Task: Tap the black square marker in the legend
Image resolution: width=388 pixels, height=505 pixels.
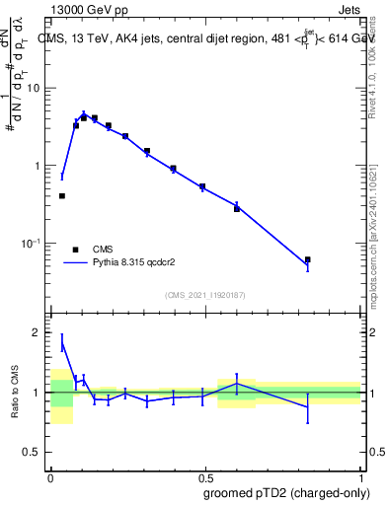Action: [x=75, y=250]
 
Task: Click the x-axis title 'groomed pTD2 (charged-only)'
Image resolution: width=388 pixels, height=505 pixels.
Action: [x=285, y=492]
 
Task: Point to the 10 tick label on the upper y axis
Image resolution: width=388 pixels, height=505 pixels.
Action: [x=35, y=88]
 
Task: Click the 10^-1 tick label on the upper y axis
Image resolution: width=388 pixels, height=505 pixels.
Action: [x=33, y=244]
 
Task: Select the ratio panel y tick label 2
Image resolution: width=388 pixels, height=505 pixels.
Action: [x=38, y=332]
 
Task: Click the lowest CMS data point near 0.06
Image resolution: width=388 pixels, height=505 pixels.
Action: [x=308, y=259]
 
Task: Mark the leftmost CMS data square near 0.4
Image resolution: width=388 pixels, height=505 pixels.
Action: [x=62, y=195]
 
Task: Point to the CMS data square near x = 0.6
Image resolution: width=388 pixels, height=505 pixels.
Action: [x=237, y=208]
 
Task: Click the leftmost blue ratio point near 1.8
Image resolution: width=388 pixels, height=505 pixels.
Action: [x=62, y=342]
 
